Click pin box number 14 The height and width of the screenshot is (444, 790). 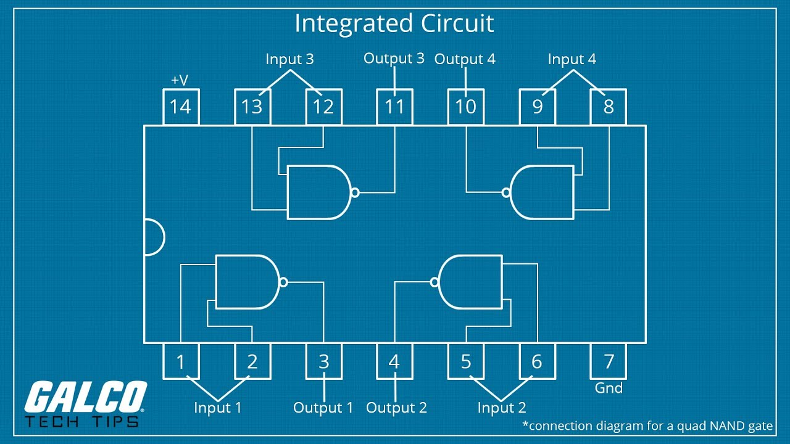(x=180, y=107)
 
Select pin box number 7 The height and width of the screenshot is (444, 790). (x=609, y=361)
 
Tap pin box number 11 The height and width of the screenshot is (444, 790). (x=394, y=107)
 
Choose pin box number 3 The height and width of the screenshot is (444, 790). (x=323, y=361)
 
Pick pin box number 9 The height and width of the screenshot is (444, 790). (x=537, y=107)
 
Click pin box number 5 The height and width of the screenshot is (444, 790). (x=466, y=361)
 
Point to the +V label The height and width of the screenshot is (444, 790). (x=180, y=80)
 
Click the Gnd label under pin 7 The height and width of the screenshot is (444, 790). (x=609, y=388)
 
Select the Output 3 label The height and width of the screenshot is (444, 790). (x=394, y=59)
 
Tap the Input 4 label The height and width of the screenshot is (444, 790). (x=572, y=59)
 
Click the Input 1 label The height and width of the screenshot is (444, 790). (x=217, y=408)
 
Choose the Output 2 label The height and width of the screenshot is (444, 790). (x=396, y=408)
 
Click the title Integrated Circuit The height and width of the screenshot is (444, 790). (x=394, y=23)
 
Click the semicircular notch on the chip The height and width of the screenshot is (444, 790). (x=153, y=237)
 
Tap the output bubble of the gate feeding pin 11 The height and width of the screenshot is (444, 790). (x=354, y=192)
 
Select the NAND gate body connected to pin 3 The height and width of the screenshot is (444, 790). (x=245, y=282)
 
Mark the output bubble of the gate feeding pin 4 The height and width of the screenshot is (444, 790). (x=435, y=282)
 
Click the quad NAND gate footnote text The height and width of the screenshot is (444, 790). (x=647, y=425)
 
